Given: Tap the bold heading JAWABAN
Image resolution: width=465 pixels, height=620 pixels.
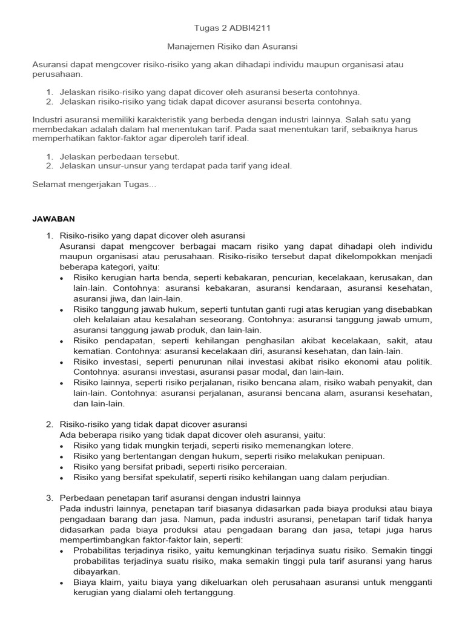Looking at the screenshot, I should (53, 219).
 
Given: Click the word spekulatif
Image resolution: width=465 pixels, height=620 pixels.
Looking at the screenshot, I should (177, 477).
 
